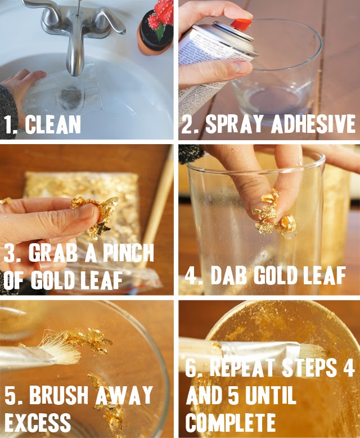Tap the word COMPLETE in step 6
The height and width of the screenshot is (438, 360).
coord(231,421)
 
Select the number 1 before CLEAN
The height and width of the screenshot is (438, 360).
coord(8,124)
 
